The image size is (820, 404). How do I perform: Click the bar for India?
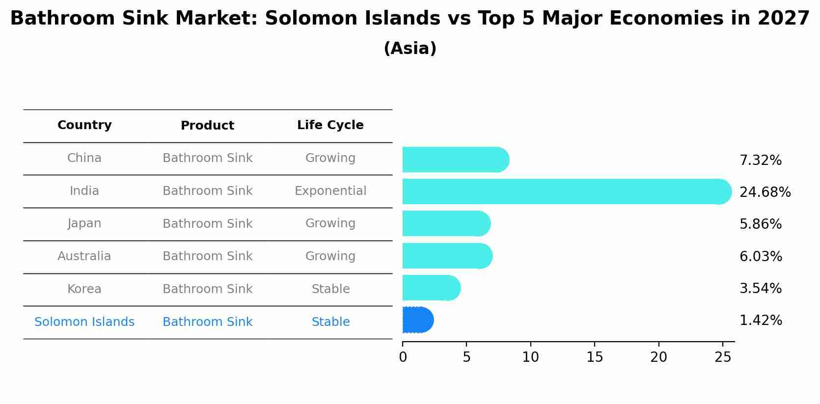tap(565, 191)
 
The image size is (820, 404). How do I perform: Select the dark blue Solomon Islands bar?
tap(417, 320)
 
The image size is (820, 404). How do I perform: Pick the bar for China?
tap(455, 160)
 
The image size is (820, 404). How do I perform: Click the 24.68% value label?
tap(765, 192)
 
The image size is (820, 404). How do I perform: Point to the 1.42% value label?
tap(761, 321)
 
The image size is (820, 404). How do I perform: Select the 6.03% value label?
tap(761, 256)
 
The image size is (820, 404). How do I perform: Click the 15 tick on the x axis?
tap(595, 357)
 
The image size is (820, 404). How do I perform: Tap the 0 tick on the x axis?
tap(403, 357)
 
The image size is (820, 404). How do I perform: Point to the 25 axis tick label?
tap(723, 357)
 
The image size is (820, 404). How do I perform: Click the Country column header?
tap(84, 125)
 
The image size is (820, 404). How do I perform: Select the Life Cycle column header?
tap(330, 125)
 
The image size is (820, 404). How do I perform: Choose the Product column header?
tap(207, 126)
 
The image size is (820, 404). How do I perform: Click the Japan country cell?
tap(84, 223)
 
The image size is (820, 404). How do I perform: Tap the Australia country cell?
tap(84, 256)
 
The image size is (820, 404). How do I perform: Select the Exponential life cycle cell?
tap(330, 191)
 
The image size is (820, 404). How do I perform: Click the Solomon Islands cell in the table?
tap(84, 322)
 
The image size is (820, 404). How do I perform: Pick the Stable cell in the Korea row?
tap(330, 289)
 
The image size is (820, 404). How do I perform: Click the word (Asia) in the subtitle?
tap(410, 49)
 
